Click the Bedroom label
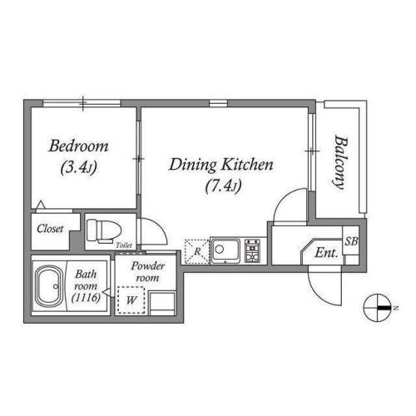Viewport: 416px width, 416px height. [x=78, y=146]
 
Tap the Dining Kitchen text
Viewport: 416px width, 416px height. [x=221, y=165]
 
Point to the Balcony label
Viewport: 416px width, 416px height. [x=340, y=162]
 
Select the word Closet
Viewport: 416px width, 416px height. [x=50, y=229]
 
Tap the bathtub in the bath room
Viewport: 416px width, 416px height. [x=50, y=286]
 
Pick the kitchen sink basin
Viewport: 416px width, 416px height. [x=225, y=250]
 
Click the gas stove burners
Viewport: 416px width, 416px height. [x=253, y=250]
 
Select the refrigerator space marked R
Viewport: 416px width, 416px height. [x=197, y=251]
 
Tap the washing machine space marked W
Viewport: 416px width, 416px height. [x=131, y=300]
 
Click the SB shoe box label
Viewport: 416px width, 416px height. [x=351, y=241]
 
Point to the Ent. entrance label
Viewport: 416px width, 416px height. [x=326, y=253]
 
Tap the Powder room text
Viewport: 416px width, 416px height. [x=147, y=272]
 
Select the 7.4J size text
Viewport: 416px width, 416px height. [x=223, y=186]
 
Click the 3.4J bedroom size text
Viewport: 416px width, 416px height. [x=79, y=167]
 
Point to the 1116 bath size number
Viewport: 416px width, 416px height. [x=86, y=298]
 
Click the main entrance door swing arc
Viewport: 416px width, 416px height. [x=319, y=294]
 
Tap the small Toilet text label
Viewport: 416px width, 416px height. [x=124, y=245]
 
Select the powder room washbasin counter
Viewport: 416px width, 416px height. [x=162, y=303]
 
